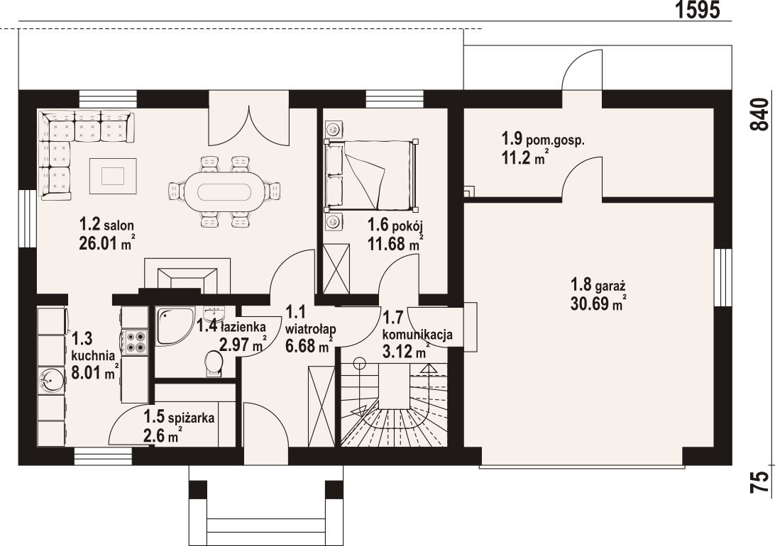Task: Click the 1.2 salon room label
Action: click(106, 225)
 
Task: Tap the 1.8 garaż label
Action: click(598, 285)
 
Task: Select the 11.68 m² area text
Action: click(395, 243)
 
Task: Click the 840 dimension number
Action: click(760, 114)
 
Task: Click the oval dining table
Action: click(225, 191)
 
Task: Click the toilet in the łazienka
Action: click(214, 363)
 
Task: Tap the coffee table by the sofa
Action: click(113, 176)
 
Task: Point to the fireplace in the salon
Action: click(187, 275)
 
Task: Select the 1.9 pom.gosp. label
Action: click(543, 138)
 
